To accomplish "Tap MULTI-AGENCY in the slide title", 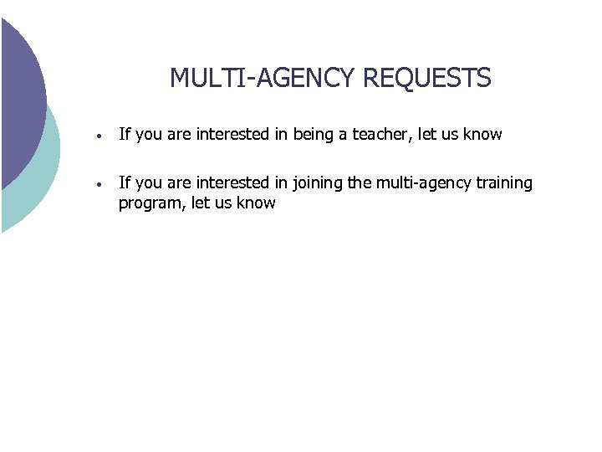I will tap(263, 79).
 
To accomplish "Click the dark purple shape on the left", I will tap(18, 92).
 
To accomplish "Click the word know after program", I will tap(255, 203).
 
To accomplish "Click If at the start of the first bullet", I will tap(125, 134).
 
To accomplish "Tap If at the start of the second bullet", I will tap(125, 183).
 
